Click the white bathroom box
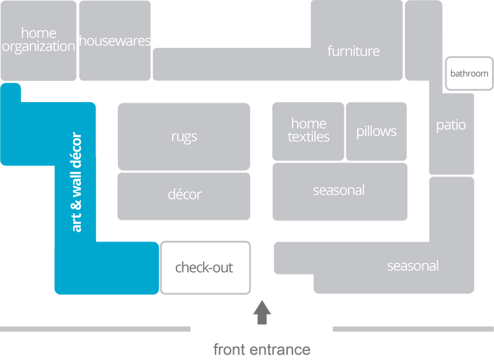pyautogui.click(x=469, y=73)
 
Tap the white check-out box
pyautogui.click(x=205, y=268)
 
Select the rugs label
pyautogui.click(x=184, y=137)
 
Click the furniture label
pyautogui.click(x=354, y=51)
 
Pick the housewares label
pyautogui.click(x=115, y=41)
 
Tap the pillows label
pyautogui.click(x=377, y=131)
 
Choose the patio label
pyautogui.click(x=451, y=125)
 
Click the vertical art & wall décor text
pyautogui.click(x=76, y=182)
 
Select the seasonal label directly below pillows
pyautogui.click(x=339, y=190)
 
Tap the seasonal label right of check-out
pyautogui.click(x=413, y=266)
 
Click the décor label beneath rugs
pyautogui.click(x=184, y=194)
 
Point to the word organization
pyautogui.click(x=39, y=47)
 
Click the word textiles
pyautogui.click(x=308, y=137)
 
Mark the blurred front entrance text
pyautogui.click(x=261, y=349)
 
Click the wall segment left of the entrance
pyautogui.click(x=96, y=328)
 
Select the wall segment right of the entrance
pyautogui.click(x=412, y=328)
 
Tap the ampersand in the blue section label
pyautogui.click(x=76, y=197)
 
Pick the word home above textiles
pyautogui.click(x=308, y=123)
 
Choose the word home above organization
pyautogui.click(x=39, y=33)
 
